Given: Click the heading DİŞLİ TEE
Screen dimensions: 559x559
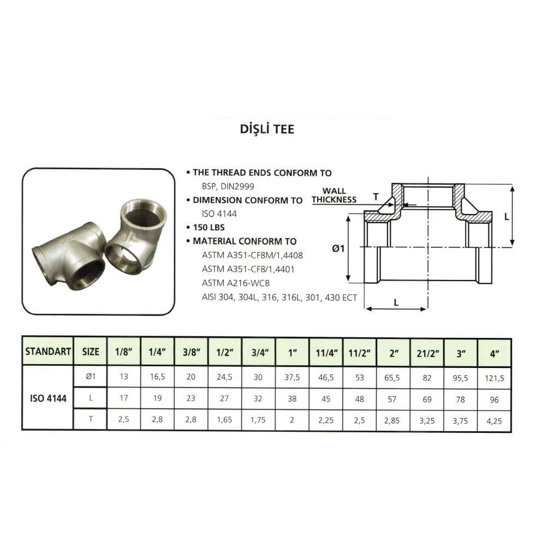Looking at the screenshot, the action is tap(267, 129).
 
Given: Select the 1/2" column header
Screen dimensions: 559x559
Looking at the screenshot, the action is tap(224, 352).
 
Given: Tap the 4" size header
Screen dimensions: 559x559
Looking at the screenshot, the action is tap(494, 354).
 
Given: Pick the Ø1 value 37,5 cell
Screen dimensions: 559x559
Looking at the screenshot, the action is tap(292, 377).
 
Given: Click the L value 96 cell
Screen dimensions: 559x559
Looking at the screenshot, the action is tap(494, 400).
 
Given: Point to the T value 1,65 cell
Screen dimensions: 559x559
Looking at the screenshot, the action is tap(224, 420).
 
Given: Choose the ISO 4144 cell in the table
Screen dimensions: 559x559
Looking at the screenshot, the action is tap(48, 398).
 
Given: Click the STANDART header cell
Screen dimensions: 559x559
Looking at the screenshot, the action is tap(48, 352).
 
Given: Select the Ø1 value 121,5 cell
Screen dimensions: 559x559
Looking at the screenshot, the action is tap(494, 378).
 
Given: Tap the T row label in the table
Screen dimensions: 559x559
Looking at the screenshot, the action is tap(91, 419).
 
